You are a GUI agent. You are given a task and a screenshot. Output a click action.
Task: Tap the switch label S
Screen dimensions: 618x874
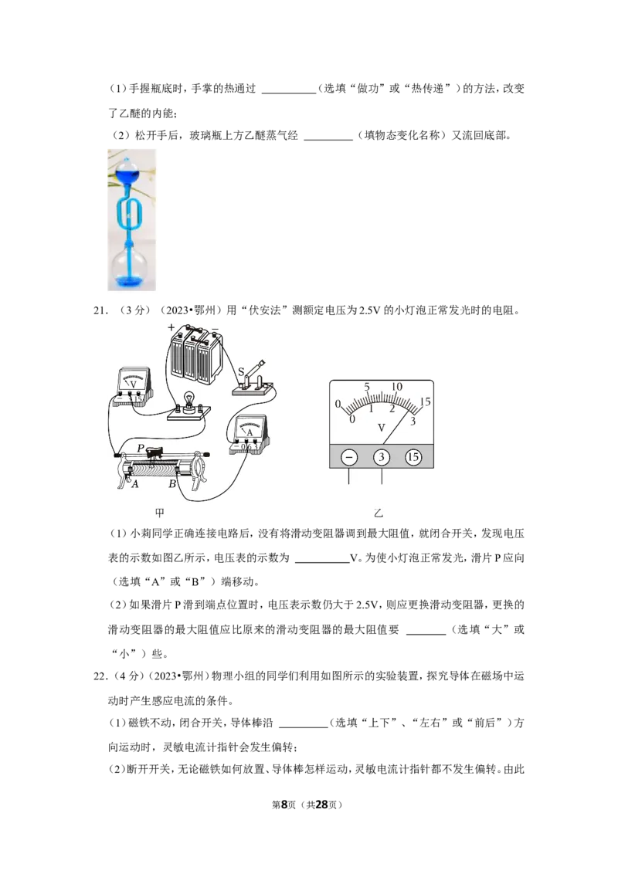(241, 371)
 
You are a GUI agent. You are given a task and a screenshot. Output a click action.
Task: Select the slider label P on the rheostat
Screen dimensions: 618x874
(141, 448)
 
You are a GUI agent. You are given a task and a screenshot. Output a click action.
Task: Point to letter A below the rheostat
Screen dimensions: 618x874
(135, 484)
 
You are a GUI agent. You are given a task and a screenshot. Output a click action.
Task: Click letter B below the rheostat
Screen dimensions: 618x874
(172, 484)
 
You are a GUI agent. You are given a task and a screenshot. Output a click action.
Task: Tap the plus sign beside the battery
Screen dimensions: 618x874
(171, 327)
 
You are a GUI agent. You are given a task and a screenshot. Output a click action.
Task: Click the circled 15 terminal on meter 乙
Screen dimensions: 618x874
(413, 458)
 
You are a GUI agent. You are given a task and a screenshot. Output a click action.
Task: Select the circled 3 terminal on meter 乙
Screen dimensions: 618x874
(382, 458)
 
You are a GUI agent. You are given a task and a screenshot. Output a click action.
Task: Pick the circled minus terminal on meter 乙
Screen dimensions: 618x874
(349, 458)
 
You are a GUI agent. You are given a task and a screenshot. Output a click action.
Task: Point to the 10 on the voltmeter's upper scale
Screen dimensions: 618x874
(396, 387)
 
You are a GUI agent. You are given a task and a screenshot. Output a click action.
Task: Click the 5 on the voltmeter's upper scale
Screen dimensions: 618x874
(367, 387)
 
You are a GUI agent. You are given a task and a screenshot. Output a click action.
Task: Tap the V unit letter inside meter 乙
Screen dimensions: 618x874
(382, 428)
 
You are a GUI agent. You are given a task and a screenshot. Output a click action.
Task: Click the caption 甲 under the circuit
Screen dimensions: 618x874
(159, 513)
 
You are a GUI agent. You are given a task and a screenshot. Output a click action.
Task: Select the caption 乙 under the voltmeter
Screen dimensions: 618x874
(379, 513)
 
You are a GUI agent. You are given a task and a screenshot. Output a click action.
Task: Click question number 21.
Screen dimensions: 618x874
(100, 310)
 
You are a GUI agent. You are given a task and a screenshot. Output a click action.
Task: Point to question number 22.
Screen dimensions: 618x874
(100, 676)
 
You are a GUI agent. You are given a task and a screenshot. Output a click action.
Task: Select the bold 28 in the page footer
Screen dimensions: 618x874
(322, 805)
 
